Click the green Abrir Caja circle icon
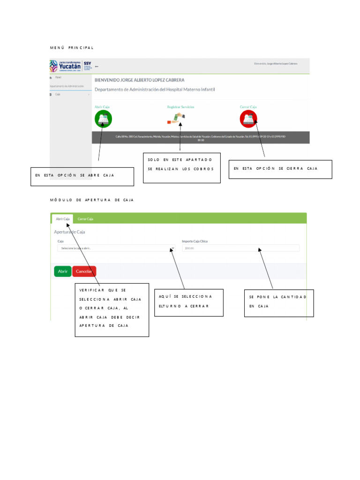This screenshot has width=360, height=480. (x=103, y=119)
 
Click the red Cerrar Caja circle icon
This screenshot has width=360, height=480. (x=248, y=119)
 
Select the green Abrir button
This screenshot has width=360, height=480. (x=63, y=271)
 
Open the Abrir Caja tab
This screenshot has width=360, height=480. (x=63, y=219)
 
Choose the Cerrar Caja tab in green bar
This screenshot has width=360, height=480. (x=85, y=219)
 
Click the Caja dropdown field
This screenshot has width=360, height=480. (x=115, y=248)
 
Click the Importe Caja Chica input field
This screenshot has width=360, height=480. (x=240, y=248)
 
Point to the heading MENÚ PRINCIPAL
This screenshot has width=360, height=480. (x=72, y=48)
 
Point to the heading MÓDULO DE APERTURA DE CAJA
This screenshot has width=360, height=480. (x=92, y=200)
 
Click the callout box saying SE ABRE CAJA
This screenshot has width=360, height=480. (x=82, y=176)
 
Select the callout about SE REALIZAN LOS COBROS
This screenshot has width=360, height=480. (x=181, y=167)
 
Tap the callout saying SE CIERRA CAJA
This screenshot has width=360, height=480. (x=280, y=169)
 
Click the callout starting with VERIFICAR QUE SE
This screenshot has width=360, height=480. (x=112, y=309)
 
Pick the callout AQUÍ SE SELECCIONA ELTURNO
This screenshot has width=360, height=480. (x=188, y=302)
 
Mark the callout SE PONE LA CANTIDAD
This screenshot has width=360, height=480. (x=278, y=303)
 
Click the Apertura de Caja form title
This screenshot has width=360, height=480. (x=69, y=232)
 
